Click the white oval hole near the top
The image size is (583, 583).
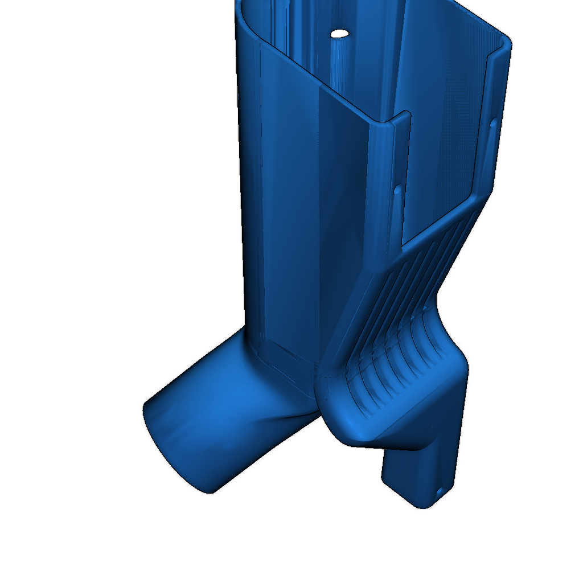340,34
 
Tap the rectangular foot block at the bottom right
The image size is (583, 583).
421,473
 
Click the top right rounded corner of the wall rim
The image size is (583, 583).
506,43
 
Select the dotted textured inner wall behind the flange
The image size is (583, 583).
444,142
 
